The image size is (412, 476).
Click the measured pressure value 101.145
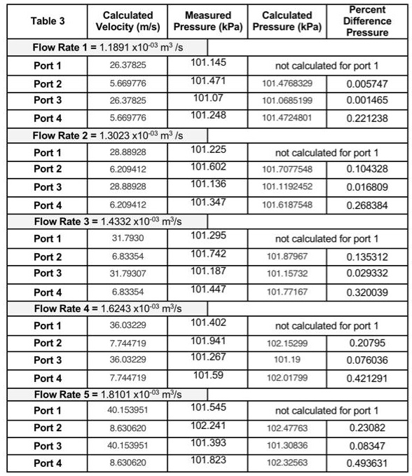[x=208, y=63]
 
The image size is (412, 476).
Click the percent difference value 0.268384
[x=367, y=205]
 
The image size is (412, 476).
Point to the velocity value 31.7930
[x=128, y=238]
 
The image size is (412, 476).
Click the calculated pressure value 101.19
[x=287, y=360]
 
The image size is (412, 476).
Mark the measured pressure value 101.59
[x=208, y=375]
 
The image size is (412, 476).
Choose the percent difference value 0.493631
[x=367, y=463]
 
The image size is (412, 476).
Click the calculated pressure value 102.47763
[x=287, y=427]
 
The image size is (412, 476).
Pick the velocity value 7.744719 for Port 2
[x=128, y=343]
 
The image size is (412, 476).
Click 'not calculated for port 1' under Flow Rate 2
[x=327, y=152]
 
